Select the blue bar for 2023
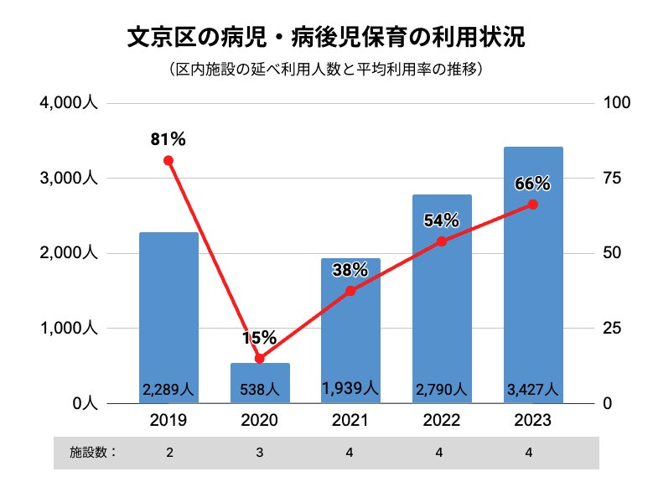tap(533, 277)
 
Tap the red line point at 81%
tap(168, 160)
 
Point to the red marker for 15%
tap(260, 358)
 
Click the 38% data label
tap(350, 270)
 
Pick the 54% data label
tap(442, 220)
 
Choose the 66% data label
tap(533, 184)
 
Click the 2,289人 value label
tap(168, 390)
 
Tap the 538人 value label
tap(260, 390)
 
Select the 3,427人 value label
tap(533, 390)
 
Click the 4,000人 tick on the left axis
tap(70, 103)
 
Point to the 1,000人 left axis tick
tap(70, 329)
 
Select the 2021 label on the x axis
tap(350, 420)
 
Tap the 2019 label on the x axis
tap(168, 420)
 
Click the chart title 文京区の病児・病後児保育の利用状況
tap(325, 38)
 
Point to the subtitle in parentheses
tap(325, 69)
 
